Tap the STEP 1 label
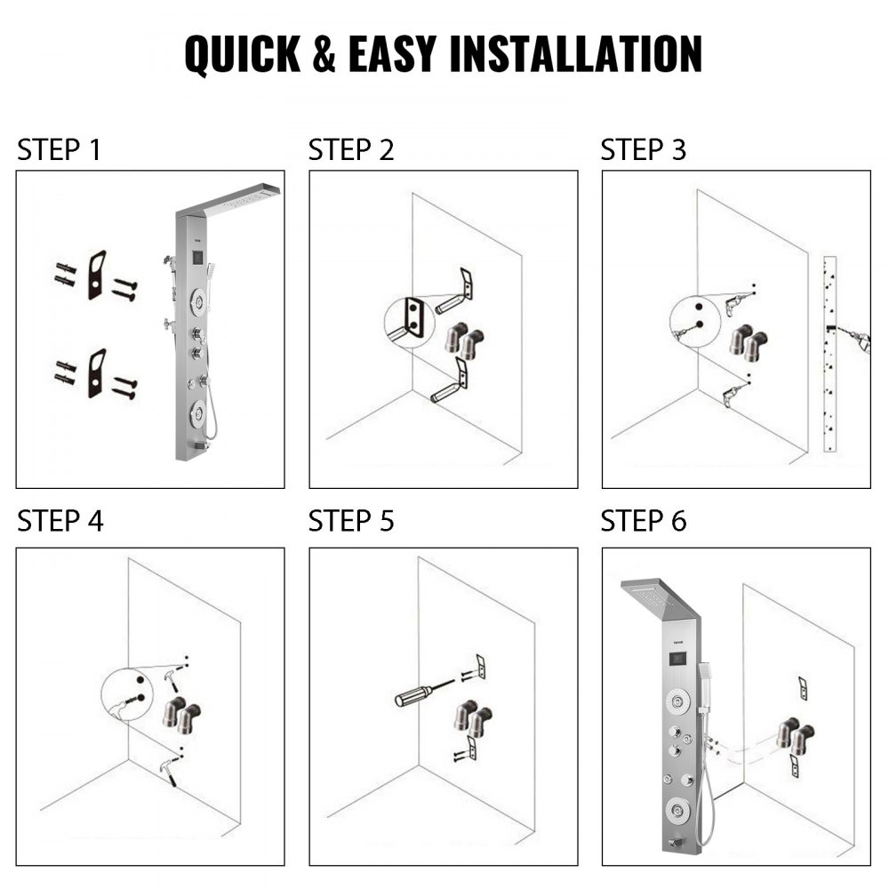tap(59, 150)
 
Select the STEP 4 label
tap(60, 521)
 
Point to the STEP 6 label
tap(643, 521)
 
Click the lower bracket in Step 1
tap(96, 372)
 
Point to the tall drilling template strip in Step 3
tap(829, 354)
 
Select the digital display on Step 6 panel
tap(675, 661)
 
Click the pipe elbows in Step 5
tap(470, 718)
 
